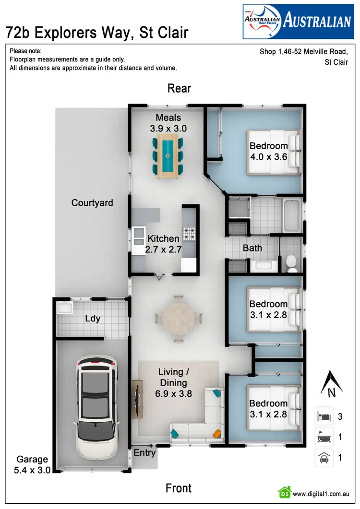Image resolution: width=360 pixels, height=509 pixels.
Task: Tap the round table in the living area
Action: tap(178, 319)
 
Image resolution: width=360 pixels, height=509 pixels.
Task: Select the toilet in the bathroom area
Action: tap(291, 262)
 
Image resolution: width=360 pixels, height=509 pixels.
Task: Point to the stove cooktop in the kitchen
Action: tap(189, 234)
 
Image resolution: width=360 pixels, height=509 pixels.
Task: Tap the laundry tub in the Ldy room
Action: tap(64, 308)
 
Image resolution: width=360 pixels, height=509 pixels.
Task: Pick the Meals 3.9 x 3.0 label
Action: tap(168, 123)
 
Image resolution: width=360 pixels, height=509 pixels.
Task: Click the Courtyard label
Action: tap(92, 203)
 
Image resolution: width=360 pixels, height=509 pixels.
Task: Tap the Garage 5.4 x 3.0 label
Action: tap(32, 465)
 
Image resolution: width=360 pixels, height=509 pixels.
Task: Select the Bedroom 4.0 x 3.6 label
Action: tap(268, 151)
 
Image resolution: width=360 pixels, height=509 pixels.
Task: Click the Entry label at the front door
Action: tap(144, 452)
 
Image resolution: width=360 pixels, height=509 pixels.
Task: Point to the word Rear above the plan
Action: tap(179, 88)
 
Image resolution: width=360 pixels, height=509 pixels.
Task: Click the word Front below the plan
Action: tap(179, 488)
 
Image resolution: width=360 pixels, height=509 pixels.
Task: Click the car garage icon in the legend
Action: tap(323, 457)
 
